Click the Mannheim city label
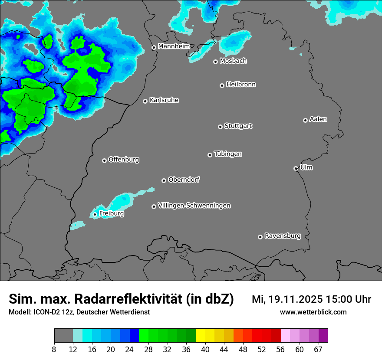coord(174,46)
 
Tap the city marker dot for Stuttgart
coord(220,127)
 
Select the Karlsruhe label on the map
coord(164,100)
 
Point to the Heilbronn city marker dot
coord(222,85)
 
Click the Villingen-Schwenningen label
coord(194,206)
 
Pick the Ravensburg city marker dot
coord(260,237)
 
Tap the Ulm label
coord(306,167)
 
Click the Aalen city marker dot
coord(305,120)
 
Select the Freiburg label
coord(111,213)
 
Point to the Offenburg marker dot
coord(104,160)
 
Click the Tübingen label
coord(228,154)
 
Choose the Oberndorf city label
coord(184,180)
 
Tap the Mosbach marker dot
coord(215,62)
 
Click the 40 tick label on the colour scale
coord(205,350)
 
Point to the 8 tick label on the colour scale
coord(54,350)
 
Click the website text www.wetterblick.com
coord(313,312)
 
